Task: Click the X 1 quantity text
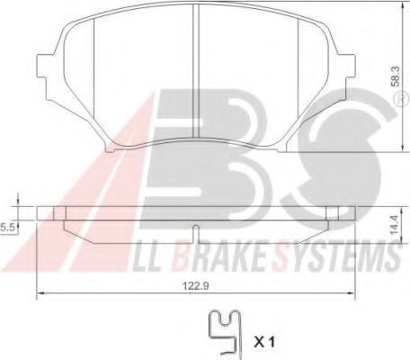pyautogui.click(x=266, y=341)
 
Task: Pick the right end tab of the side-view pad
pyautogui.click(x=334, y=213)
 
